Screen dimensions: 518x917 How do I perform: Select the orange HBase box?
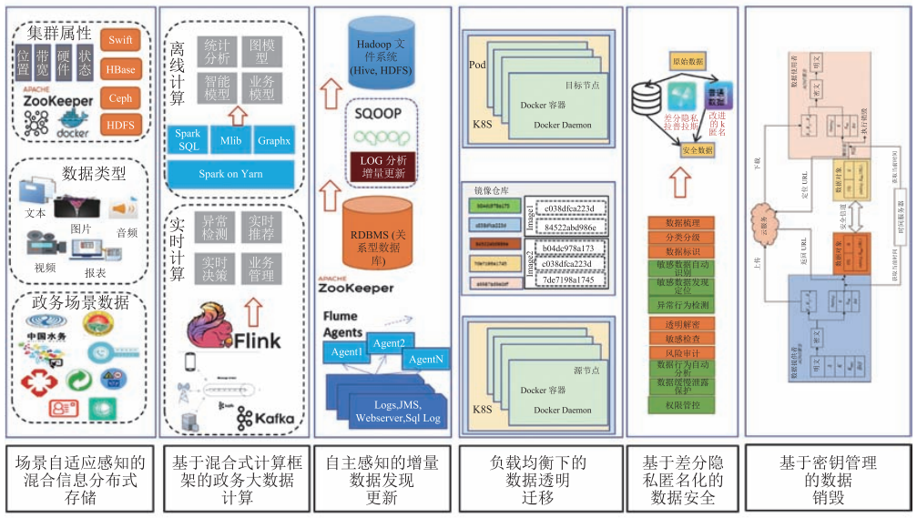pos(120,69)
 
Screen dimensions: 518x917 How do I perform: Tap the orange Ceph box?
pos(120,98)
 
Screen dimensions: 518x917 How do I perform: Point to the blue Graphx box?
pos(274,140)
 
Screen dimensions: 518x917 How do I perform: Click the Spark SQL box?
pos(188,140)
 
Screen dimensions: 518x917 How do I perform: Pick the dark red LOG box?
pos(382,167)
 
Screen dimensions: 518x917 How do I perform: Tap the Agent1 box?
pos(346,351)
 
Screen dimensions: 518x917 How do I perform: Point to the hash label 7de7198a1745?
pos(570,279)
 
